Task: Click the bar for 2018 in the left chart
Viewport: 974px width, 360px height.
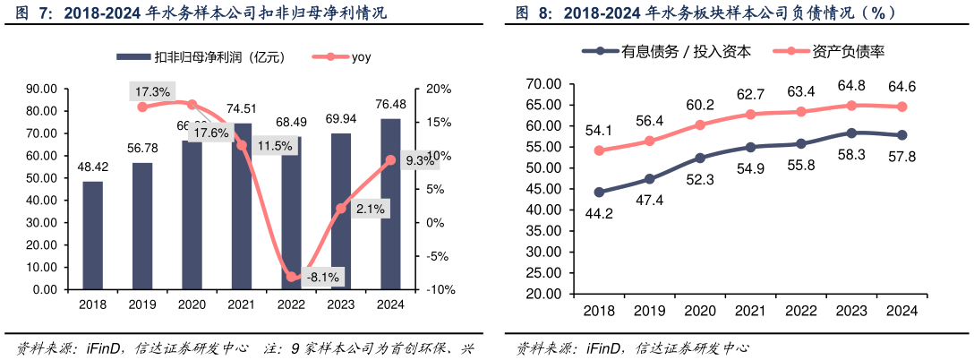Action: [92, 236]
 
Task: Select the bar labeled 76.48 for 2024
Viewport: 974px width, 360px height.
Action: [390, 204]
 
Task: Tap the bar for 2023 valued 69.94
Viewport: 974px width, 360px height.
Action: [341, 211]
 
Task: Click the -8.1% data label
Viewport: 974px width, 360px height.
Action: [322, 278]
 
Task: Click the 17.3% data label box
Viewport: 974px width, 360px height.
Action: [151, 91]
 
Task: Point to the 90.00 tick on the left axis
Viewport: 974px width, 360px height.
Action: [41, 89]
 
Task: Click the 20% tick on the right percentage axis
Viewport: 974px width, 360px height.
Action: [440, 89]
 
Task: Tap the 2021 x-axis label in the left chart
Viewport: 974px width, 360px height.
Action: [241, 304]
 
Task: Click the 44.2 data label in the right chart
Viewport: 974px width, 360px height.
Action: [598, 213]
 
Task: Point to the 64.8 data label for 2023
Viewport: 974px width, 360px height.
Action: [850, 86]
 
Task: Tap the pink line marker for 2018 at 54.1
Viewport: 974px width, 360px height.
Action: [599, 150]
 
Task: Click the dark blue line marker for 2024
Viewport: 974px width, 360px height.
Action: [901, 135]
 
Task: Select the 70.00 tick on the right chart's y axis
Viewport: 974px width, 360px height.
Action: [543, 83]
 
